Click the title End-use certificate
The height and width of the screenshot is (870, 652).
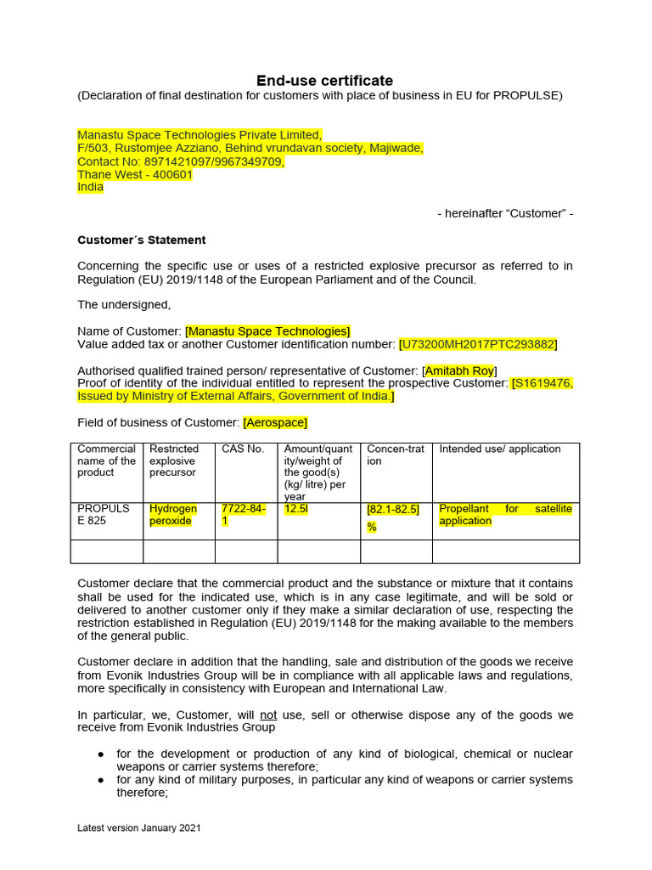325,81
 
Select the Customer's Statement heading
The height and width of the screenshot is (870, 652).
142,240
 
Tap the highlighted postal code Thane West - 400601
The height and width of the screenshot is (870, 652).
135,174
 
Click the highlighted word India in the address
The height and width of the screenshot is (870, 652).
90,187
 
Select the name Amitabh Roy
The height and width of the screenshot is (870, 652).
459,370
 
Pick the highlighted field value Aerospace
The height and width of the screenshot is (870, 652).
275,422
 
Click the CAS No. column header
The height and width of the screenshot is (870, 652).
243,449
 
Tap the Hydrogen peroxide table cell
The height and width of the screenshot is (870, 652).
172,515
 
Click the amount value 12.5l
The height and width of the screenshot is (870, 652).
296,509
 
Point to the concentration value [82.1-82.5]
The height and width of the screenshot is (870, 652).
392,510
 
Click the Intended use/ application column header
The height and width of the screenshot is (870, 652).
499,449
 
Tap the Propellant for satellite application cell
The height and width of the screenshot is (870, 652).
505,515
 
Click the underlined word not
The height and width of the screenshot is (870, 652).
268,715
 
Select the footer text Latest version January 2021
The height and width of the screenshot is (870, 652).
139,828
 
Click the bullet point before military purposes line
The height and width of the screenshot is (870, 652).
101,780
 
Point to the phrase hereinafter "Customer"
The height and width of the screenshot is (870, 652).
505,213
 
